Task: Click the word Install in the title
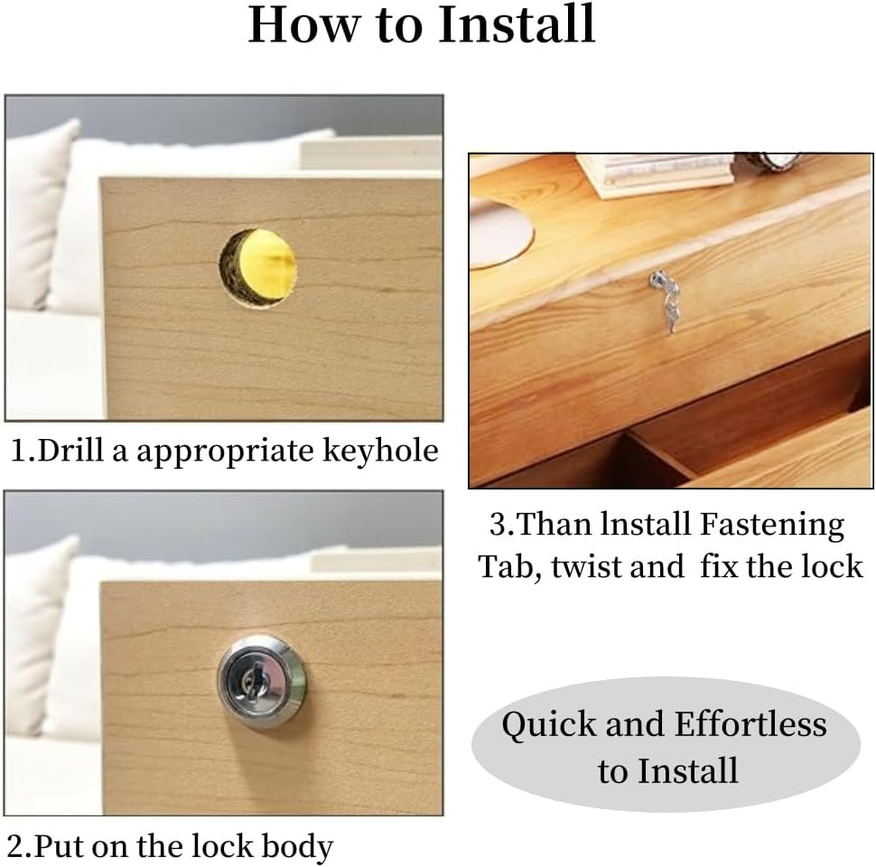tap(517, 24)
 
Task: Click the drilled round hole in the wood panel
tap(257, 267)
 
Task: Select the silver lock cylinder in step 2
tap(262, 680)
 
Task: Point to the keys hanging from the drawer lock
tap(665, 302)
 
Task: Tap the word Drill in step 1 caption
tap(70, 451)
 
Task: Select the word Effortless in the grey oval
tap(750, 724)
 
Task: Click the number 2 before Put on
tap(15, 846)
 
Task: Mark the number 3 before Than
tap(498, 526)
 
